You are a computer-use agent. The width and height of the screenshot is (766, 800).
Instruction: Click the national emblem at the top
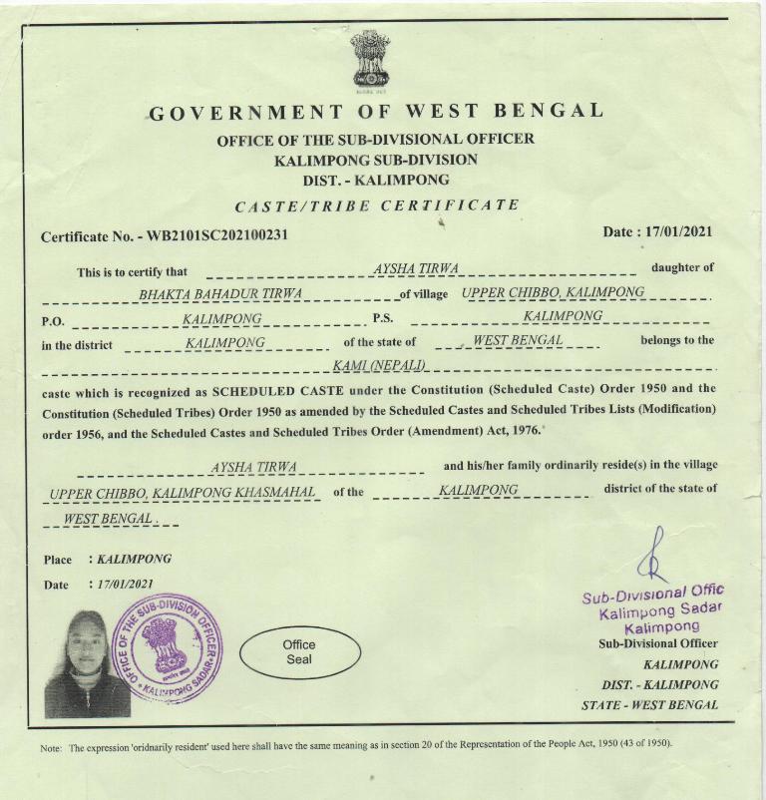point(370,59)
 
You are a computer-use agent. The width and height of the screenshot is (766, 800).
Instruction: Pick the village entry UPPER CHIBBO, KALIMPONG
point(553,292)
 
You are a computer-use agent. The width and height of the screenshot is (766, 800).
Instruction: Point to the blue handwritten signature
point(654,559)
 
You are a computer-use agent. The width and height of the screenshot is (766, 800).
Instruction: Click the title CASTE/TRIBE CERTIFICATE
point(376,206)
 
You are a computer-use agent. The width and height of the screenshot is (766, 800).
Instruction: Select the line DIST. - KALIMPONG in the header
point(375,181)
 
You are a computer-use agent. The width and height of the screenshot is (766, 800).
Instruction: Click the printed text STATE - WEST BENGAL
point(649,705)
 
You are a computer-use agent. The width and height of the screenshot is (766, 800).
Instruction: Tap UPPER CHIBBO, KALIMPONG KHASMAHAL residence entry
point(184,493)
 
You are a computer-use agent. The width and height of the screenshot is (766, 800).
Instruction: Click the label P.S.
point(383,319)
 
